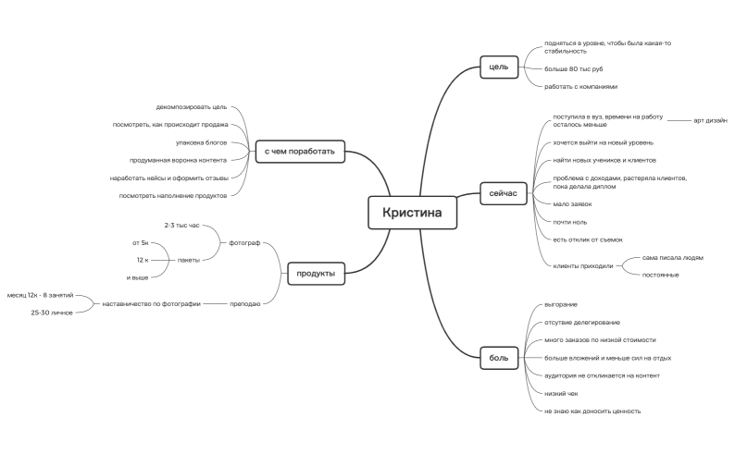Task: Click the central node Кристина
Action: tap(412, 213)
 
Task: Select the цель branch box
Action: tap(499, 67)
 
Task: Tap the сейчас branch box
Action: tap(503, 193)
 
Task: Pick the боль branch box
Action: tap(499, 358)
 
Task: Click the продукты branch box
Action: tap(316, 274)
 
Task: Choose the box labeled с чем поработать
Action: tap(300, 152)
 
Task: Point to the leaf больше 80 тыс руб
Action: tap(573, 69)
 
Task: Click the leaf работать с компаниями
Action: tap(580, 87)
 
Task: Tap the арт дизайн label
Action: tap(710, 120)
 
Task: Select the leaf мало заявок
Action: tap(572, 204)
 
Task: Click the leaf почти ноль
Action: tap(569, 222)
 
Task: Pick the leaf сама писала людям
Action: tap(673, 257)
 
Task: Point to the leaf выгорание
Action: tap(561, 305)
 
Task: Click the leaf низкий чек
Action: tap(561, 394)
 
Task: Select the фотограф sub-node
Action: tap(244, 243)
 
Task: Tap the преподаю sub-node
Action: tap(244, 304)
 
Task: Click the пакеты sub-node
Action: tap(189, 260)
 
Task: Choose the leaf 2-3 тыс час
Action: tap(181, 225)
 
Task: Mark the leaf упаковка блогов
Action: tap(201, 142)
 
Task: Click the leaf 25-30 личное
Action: tap(52, 313)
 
